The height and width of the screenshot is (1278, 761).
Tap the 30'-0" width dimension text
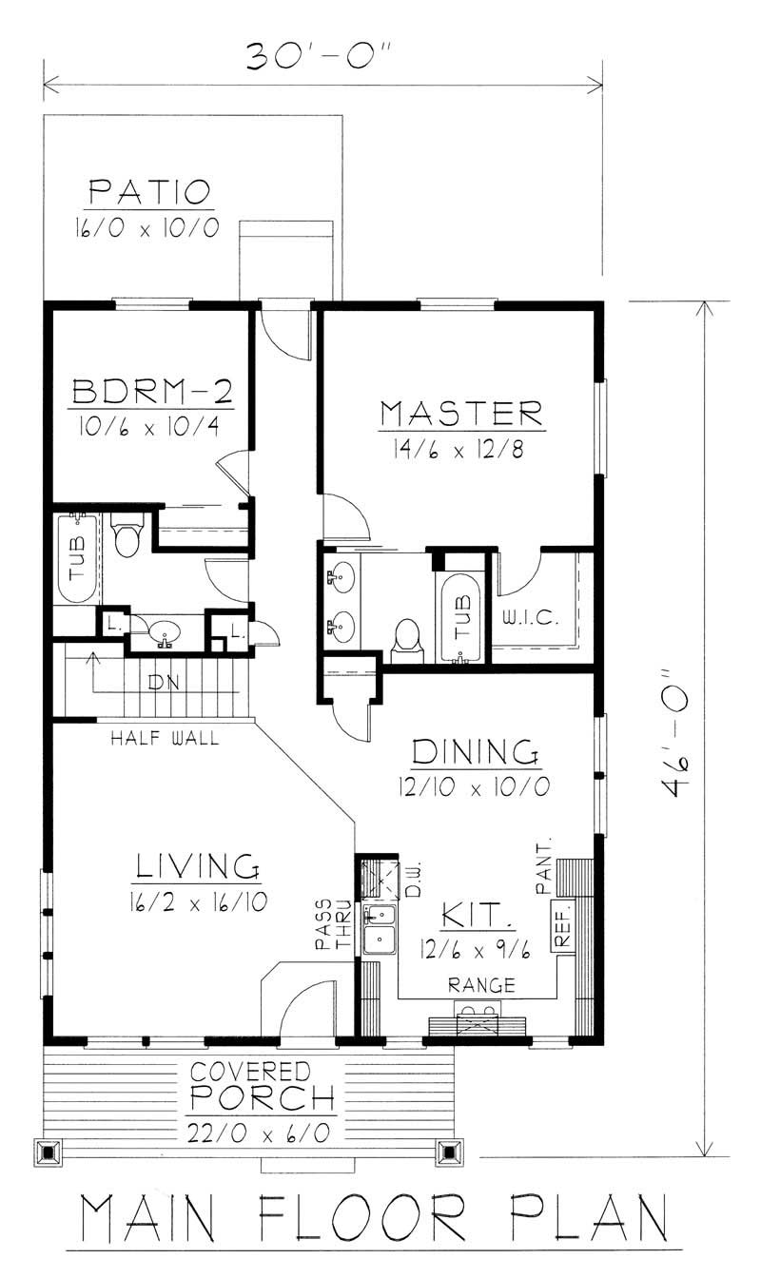click(x=321, y=57)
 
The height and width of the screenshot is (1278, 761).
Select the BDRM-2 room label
click(x=150, y=392)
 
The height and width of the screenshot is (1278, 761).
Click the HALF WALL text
click(x=165, y=737)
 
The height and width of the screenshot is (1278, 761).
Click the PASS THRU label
click(x=333, y=925)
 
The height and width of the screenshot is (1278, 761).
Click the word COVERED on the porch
click(x=249, y=1072)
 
